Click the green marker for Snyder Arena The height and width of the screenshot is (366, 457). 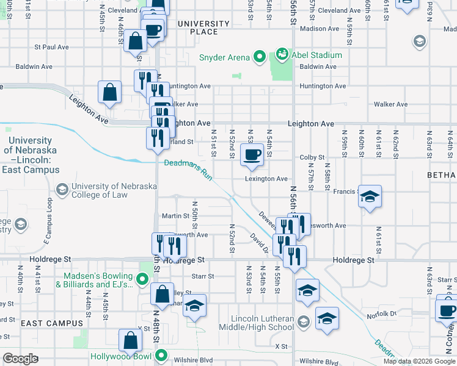pyautogui.click(x=259, y=57)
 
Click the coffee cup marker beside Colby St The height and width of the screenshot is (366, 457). pyautogui.click(x=252, y=155)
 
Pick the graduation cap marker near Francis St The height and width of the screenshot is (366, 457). pyautogui.click(x=369, y=197)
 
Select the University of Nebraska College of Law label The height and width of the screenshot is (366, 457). pyautogui.click(x=100, y=190)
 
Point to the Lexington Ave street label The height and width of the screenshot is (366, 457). pyautogui.click(x=266, y=179)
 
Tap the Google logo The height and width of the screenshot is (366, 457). pyautogui.click(x=21, y=359)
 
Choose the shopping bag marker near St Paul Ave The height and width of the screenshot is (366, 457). pyautogui.click(x=135, y=41)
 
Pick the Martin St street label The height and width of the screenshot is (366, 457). pyautogui.click(x=175, y=216)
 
